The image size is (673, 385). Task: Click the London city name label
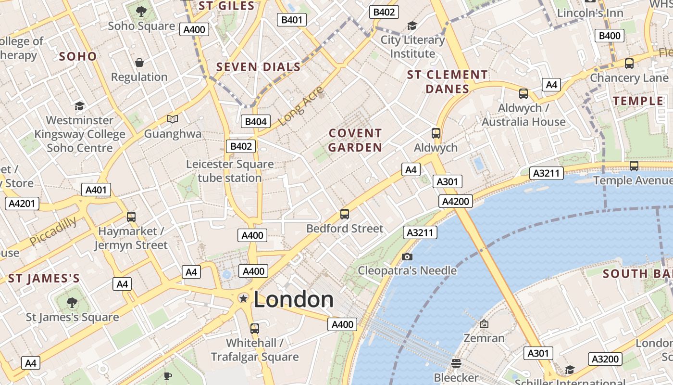point(293,299)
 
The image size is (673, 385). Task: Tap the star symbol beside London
point(244,298)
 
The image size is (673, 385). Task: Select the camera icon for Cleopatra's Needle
point(407,257)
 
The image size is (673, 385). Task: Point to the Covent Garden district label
point(355,140)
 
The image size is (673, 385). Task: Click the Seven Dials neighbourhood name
point(259,67)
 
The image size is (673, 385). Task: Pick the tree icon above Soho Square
point(141,11)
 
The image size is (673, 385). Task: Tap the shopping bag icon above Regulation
point(139,63)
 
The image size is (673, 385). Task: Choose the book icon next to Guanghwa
point(173,118)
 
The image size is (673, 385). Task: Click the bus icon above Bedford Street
point(345,214)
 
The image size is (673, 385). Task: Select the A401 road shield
point(96,190)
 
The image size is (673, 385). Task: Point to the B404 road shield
point(256,121)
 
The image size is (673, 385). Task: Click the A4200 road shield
point(455,201)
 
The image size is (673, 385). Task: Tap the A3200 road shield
point(605,359)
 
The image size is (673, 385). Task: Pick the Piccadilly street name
point(53,231)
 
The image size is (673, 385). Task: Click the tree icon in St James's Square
point(72,303)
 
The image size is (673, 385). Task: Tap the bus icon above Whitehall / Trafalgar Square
point(255,329)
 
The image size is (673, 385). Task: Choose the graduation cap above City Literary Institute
point(412,26)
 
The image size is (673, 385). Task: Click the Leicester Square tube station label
point(230,171)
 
